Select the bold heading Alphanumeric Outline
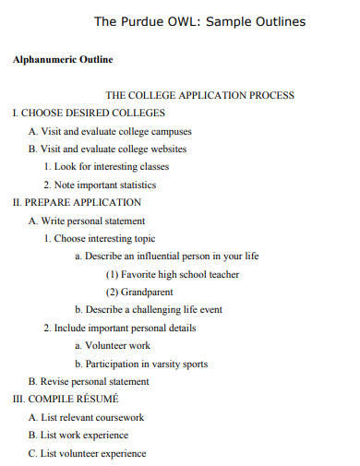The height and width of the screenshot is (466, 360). (x=63, y=60)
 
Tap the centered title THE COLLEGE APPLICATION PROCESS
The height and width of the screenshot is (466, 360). (x=200, y=95)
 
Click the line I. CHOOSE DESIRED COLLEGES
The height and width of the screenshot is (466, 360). (x=89, y=113)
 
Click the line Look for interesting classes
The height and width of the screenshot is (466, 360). (x=106, y=167)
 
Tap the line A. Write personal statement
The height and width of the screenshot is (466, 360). (x=87, y=221)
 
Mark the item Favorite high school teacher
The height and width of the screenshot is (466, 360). (x=173, y=274)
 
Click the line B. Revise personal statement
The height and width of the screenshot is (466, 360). (x=89, y=381)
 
